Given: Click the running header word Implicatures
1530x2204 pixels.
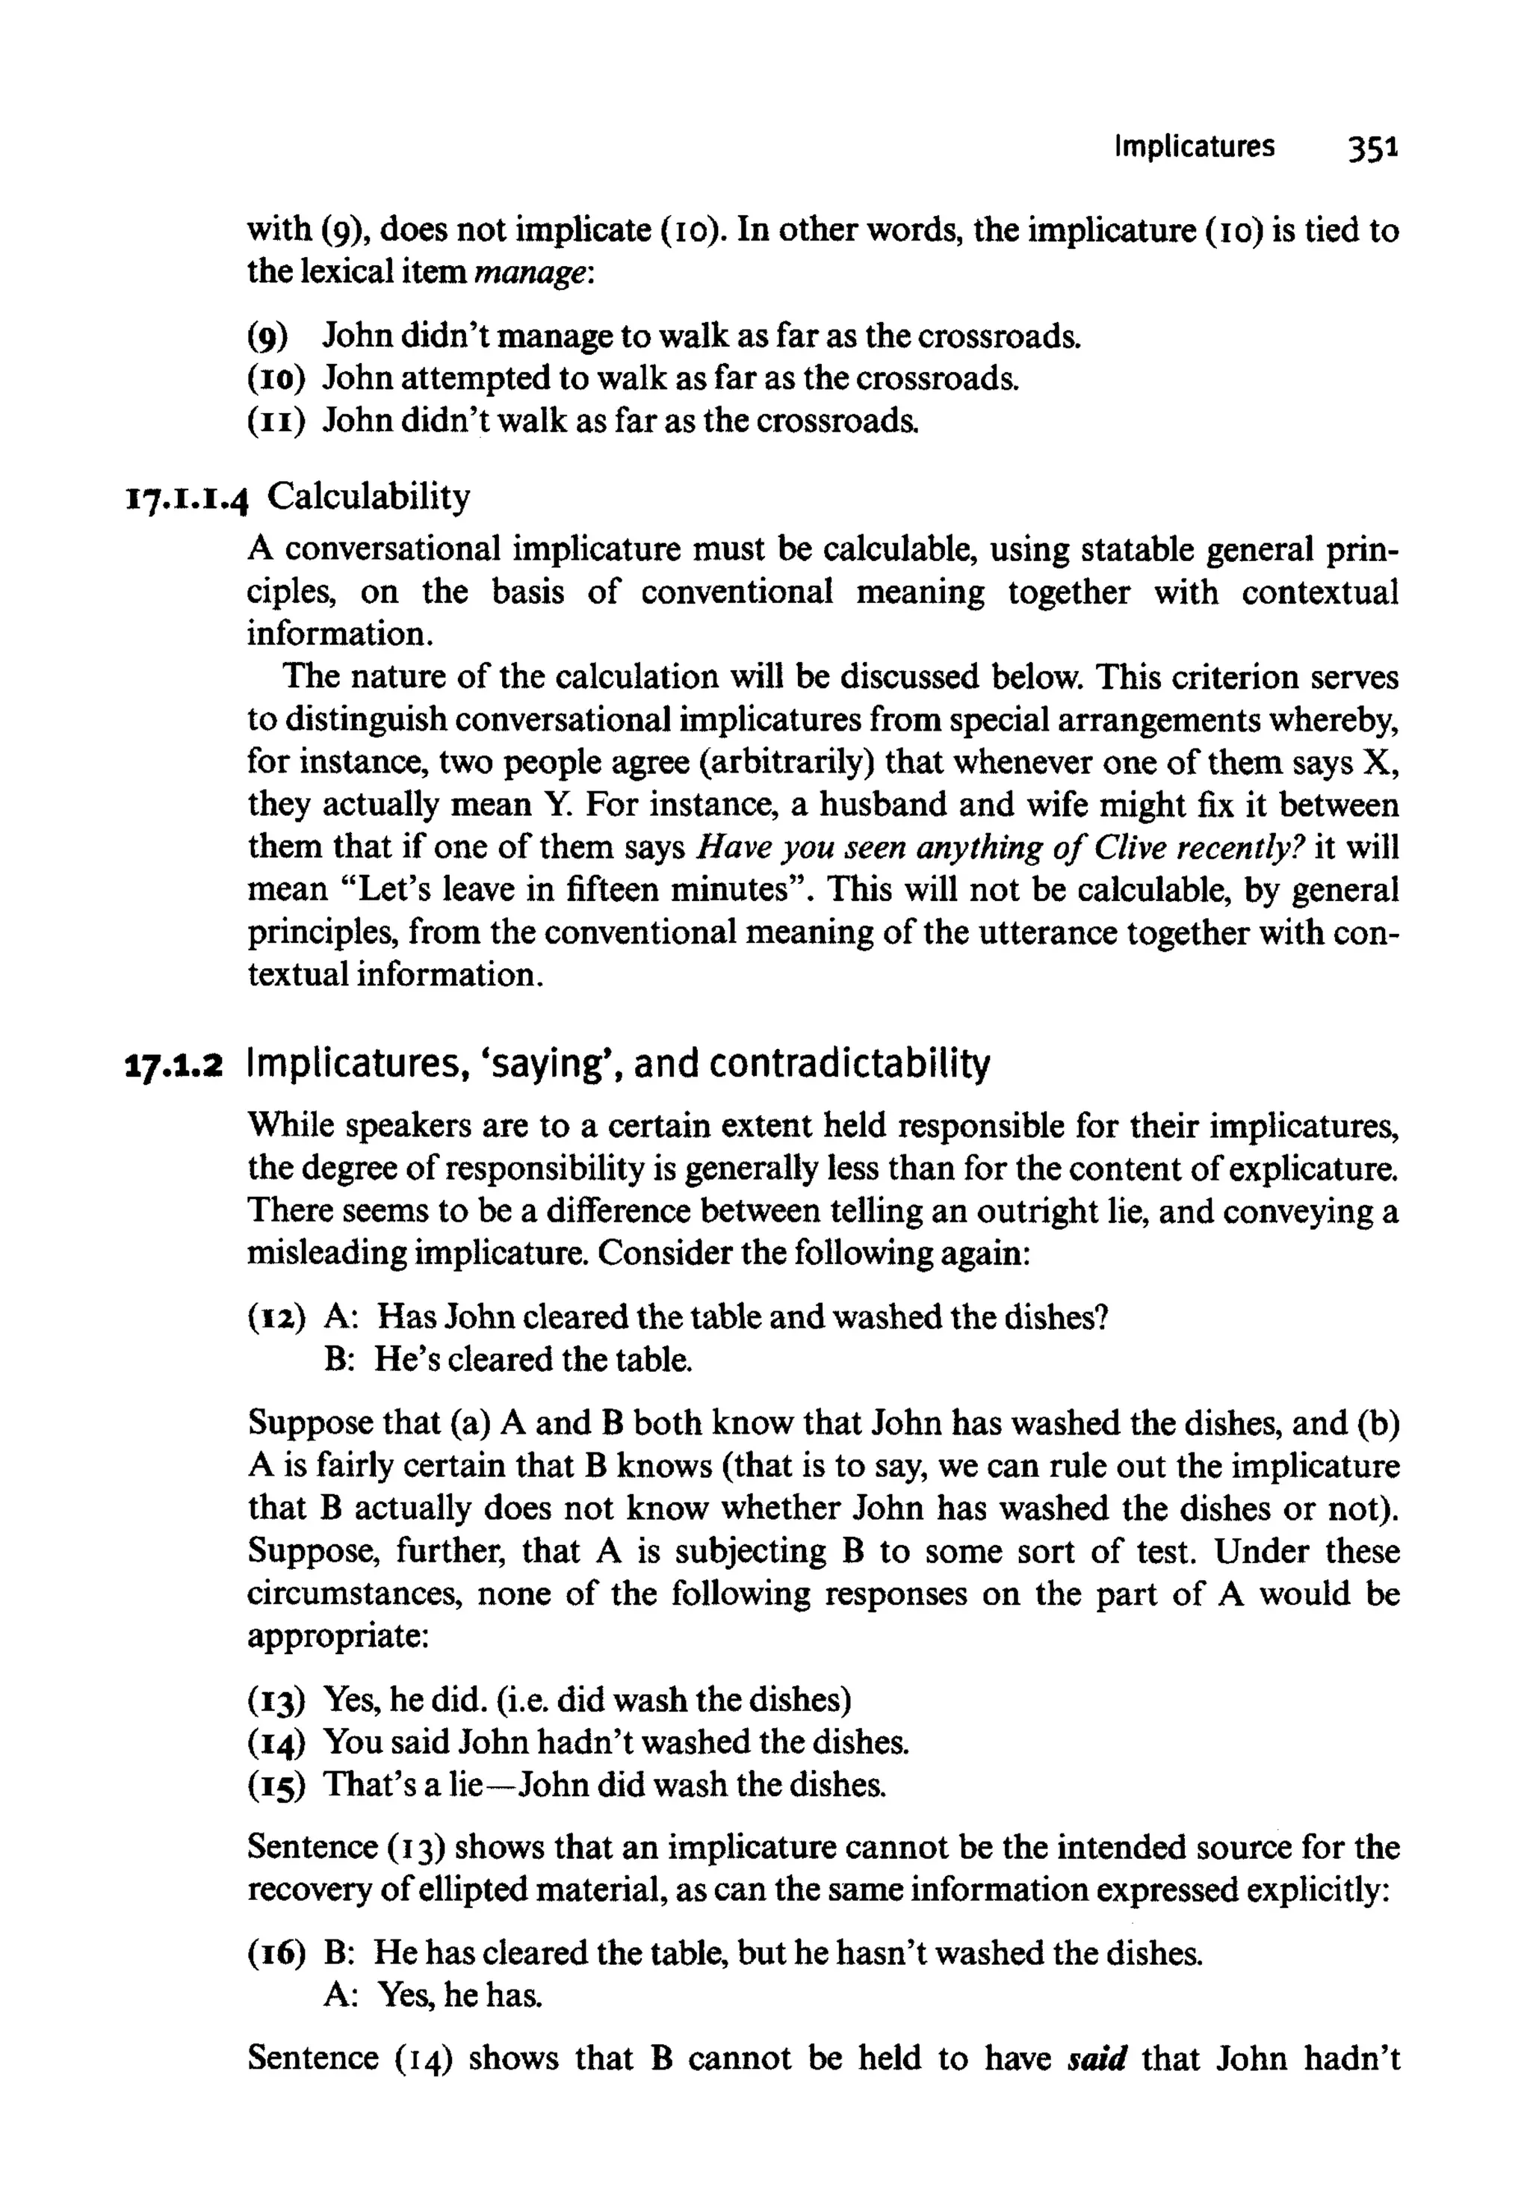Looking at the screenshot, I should point(1194,146).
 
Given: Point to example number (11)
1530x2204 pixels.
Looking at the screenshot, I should point(276,421).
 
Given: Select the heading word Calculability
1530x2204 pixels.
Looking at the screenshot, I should point(369,498).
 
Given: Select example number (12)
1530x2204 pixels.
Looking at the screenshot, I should point(276,1317).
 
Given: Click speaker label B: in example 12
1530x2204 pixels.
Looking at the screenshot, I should point(341,1360).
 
